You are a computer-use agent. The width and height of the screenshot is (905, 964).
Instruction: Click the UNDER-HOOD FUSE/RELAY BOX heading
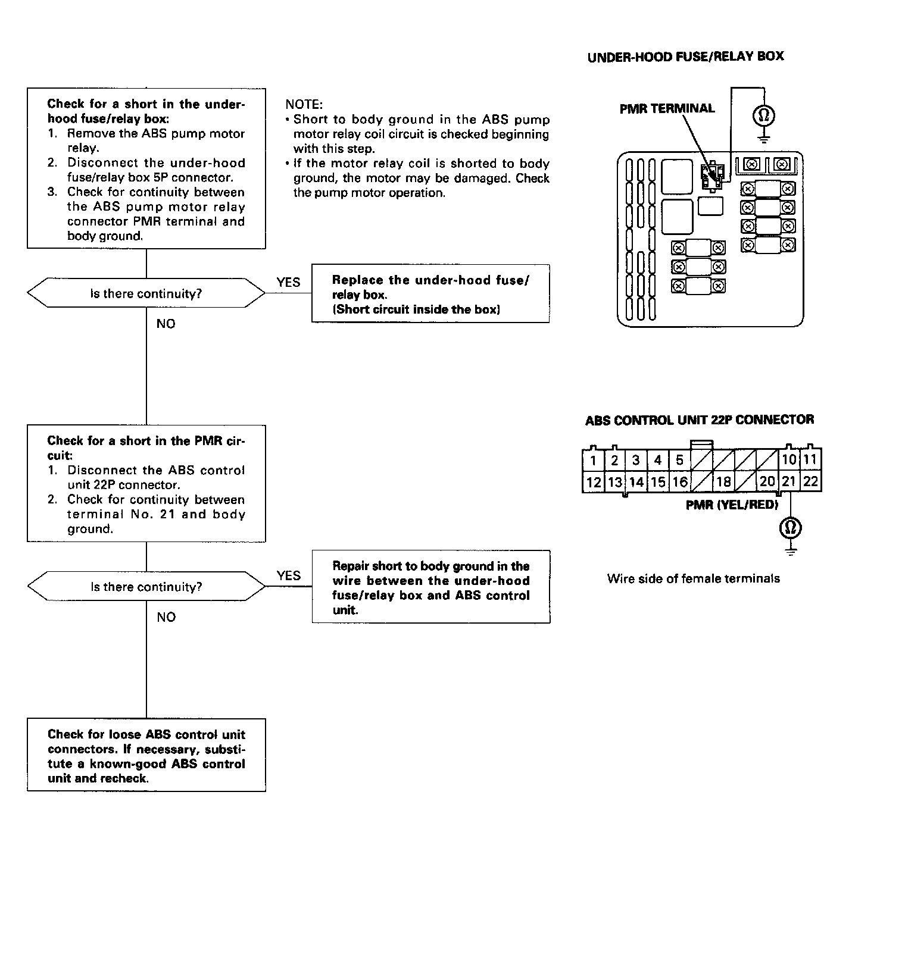(685, 57)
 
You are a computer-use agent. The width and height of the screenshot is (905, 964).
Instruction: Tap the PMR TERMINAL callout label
(667, 109)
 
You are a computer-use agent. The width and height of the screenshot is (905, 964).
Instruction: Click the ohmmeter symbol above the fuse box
(764, 115)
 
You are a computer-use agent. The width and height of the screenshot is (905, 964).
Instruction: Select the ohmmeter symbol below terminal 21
(791, 527)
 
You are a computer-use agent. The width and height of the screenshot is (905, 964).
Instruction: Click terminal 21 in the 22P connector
(789, 481)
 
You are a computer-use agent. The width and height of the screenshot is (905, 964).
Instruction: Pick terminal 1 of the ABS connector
(593, 460)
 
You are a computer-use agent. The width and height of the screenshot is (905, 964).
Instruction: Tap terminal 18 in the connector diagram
(723, 481)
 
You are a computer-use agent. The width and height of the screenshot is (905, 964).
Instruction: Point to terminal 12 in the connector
(593, 481)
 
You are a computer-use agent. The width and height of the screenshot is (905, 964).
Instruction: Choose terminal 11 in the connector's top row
(810, 460)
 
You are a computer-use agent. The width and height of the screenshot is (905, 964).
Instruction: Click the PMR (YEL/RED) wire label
(732, 505)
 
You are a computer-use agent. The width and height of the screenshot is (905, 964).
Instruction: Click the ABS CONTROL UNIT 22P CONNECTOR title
(699, 420)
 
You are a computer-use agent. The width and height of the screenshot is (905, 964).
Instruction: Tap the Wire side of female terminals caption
(693, 578)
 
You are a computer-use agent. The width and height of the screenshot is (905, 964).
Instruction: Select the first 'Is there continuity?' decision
(146, 293)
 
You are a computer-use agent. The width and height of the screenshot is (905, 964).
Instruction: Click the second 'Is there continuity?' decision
(146, 587)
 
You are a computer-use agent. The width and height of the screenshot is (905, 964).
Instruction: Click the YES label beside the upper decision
(288, 283)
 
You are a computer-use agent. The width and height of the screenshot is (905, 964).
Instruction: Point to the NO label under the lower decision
(166, 617)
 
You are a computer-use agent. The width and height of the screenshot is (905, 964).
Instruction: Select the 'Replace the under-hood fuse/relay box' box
(430, 294)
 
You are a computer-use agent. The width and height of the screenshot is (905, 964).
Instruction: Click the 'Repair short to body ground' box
(430, 587)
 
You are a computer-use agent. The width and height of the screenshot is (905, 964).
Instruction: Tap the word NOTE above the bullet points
(304, 105)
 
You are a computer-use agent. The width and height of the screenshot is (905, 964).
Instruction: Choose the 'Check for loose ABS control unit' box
(146, 755)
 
